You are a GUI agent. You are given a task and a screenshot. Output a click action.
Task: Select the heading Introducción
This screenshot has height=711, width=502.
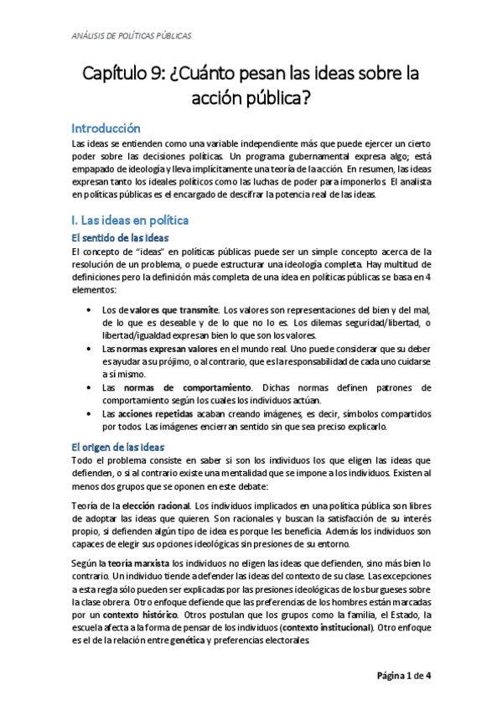pos(105,128)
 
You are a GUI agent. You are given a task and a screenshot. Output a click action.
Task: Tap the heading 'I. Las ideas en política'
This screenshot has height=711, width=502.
pos(130,221)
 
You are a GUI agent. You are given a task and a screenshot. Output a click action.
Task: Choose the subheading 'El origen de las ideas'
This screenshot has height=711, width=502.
pos(117,447)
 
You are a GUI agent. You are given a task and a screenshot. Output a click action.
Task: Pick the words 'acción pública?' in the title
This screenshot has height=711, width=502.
pos(251,99)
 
